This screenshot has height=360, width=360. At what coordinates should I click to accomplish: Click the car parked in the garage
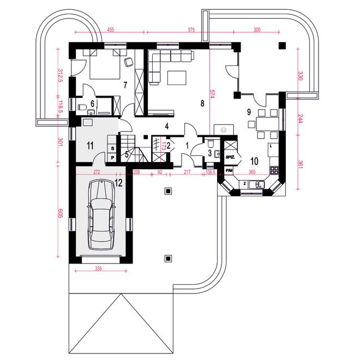click(x=101, y=215)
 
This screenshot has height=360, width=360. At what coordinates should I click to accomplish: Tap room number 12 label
click(x=118, y=183)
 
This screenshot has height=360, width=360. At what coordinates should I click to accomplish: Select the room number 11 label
click(x=90, y=145)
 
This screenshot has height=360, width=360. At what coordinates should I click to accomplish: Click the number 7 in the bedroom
click(x=125, y=85)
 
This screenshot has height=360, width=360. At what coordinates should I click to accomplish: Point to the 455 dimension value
click(x=110, y=29)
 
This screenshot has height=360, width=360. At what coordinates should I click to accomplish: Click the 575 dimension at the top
click(x=191, y=29)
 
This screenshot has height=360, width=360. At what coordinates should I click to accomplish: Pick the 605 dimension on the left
click(x=60, y=213)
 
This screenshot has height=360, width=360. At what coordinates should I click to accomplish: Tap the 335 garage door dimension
click(x=98, y=268)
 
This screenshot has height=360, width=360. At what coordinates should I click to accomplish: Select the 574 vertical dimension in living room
click(x=212, y=94)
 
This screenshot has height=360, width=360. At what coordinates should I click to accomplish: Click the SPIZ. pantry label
click(x=230, y=157)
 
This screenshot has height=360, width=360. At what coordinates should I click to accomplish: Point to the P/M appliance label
click(x=229, y=170)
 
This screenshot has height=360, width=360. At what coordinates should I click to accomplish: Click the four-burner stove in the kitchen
click(x=274, y=170)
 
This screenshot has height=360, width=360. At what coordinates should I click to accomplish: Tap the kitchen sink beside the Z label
click(x=257, y=184)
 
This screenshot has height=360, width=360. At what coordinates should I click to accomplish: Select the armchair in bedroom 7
click(x=128, y=62)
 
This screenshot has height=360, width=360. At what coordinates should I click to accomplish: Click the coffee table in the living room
click(x=177, y=78)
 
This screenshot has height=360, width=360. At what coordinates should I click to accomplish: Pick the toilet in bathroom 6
click(x=82, y=107)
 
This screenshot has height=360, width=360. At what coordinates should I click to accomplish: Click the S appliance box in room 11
click(x=112, y=148)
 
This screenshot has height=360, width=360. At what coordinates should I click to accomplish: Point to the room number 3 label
click(x=209, y=153)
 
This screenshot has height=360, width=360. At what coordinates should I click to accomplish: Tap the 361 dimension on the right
click(x=300, y=164)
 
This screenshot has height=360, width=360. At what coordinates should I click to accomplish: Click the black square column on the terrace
click(x=282, y=45)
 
